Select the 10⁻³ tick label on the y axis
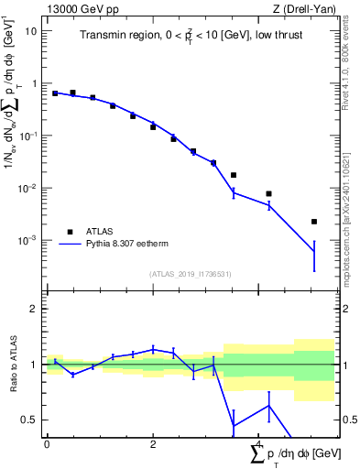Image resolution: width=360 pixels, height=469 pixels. click(27, 240)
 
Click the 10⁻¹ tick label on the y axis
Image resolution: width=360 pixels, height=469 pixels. click(27, 136)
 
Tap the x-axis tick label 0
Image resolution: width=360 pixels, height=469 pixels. click(47, 444)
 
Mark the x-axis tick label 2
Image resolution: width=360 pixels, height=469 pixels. click(153, 444)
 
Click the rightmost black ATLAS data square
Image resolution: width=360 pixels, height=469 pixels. click(314, 222)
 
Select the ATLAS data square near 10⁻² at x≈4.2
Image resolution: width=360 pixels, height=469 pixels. click(269, 193)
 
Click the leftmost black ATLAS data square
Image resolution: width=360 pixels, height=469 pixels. click(55, 93)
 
